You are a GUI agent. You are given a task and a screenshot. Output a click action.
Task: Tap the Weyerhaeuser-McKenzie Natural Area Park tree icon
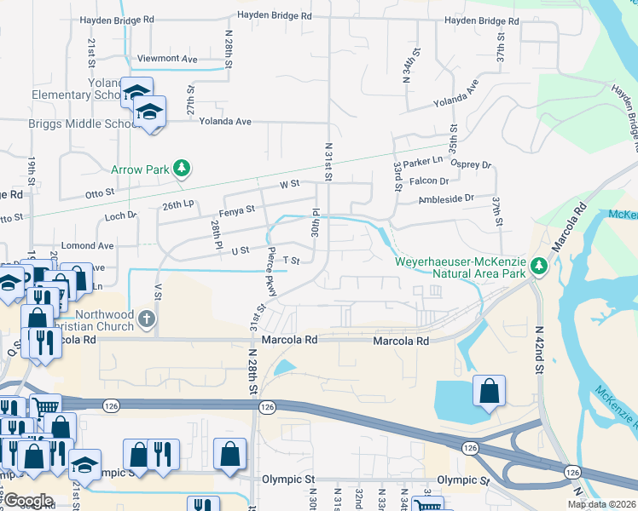(538, 267)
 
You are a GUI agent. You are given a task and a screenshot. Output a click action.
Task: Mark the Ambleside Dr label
(445, 198)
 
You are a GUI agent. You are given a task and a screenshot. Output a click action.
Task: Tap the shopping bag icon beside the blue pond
(490, 392)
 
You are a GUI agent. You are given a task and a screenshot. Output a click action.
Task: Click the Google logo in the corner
(28, 501)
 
